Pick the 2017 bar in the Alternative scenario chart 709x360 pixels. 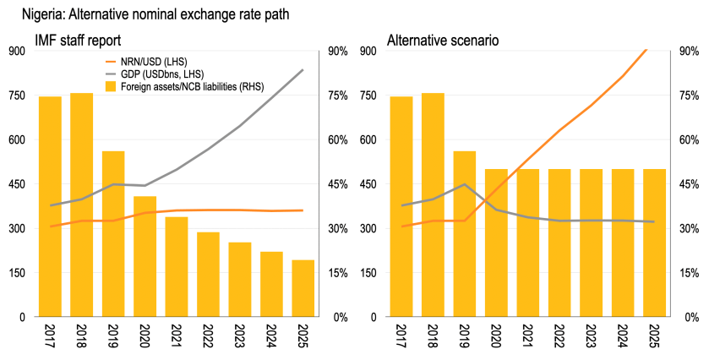pos(401,206)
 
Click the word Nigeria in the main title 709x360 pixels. pos(30,13)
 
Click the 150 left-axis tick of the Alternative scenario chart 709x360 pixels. pos(369,273)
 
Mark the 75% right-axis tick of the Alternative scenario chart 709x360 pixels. pos(689,95)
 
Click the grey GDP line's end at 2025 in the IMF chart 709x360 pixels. pos(303,70)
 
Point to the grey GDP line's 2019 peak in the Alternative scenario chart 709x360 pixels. pos(465,184)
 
